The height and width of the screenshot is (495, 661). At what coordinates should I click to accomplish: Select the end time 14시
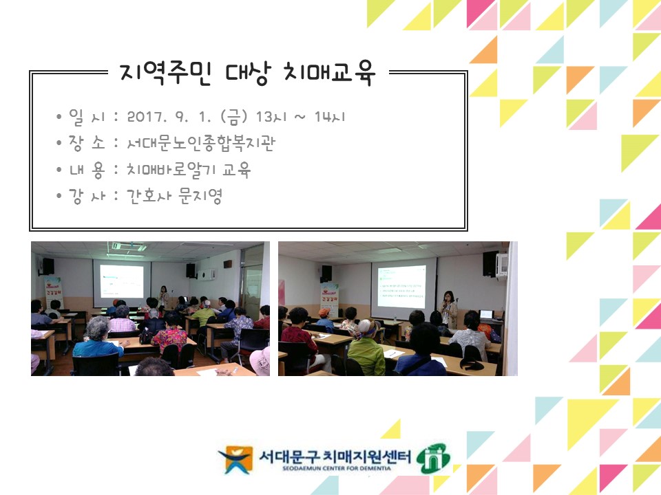(330, 117)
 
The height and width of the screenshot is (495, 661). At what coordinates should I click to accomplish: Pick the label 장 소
(86, 143)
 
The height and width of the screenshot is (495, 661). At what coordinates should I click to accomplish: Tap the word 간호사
(148, 196)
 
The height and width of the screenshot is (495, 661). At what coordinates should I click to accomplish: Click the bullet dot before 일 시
(61, 117)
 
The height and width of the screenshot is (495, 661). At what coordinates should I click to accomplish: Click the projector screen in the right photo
(401, 285)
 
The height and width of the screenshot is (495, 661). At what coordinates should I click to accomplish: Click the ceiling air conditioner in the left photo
(127, 245)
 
